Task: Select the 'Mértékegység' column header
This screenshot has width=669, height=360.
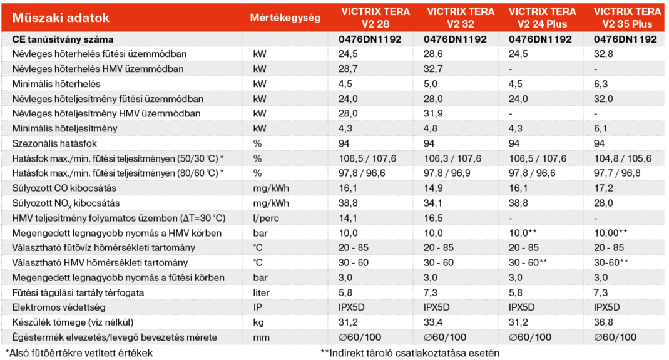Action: tap(285, 18)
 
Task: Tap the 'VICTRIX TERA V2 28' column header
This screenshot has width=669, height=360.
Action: tap(375, 18)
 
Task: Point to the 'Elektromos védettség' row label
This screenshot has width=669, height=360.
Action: tap(59, 307)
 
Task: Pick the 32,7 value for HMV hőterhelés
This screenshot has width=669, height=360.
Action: tap(434, 69)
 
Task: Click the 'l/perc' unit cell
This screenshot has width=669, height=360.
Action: tap(264, 218)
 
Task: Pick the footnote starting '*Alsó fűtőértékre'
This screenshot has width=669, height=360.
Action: tap(79, 352)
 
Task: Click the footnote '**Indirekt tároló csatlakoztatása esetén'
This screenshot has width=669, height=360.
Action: tap(409, 352)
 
